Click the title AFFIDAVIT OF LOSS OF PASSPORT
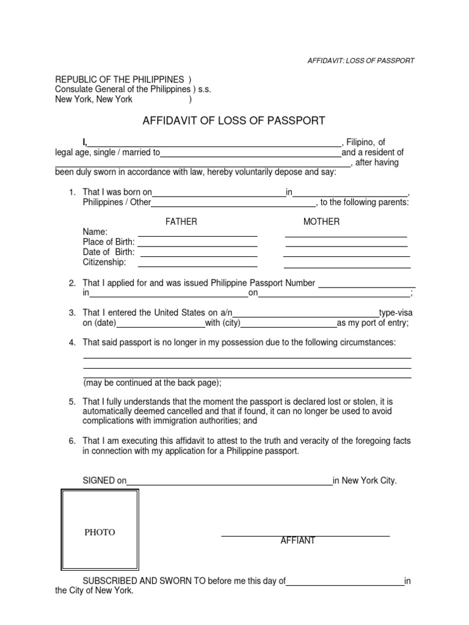234,121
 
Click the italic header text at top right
360,60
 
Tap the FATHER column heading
181,222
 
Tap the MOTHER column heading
321,222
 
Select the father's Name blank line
197,235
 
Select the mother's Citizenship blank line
347,267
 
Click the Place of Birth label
109,242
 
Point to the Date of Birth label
109,252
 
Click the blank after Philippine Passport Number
367,286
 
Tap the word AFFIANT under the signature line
297,541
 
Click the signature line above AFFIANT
305,535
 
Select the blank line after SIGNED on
229,483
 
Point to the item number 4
71,342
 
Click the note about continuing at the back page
152,383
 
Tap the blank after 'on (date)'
161,327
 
